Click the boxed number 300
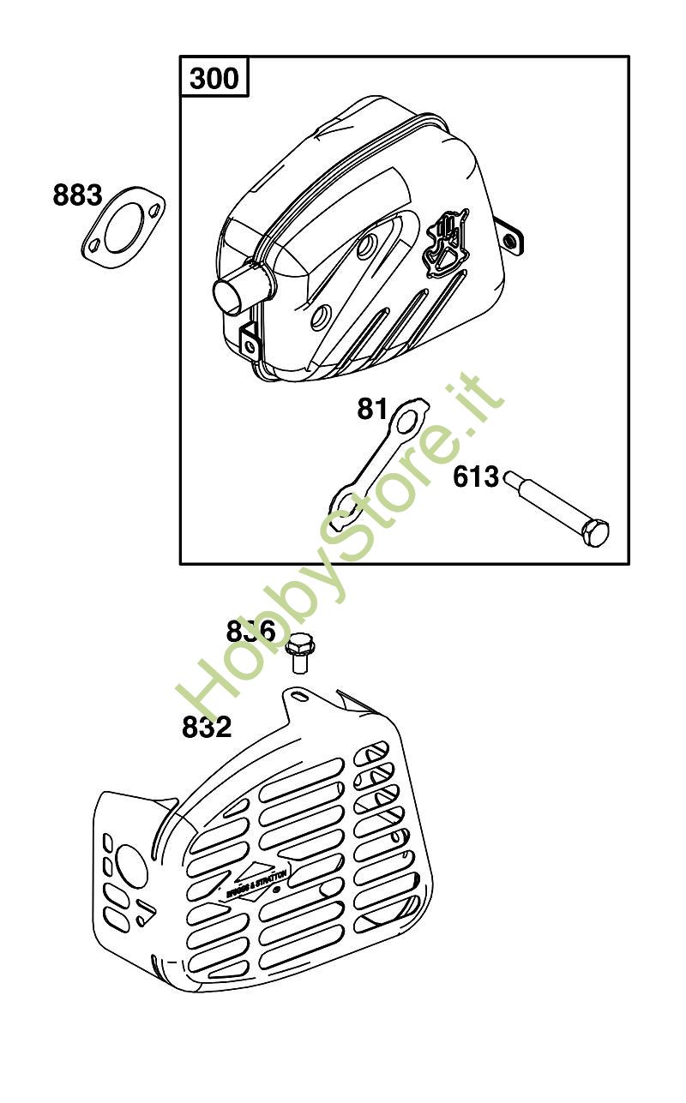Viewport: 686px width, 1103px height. (214, 79)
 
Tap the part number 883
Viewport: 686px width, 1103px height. (77, 195)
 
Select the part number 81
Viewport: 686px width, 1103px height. (373, 410)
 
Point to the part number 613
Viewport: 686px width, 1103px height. (476, 477)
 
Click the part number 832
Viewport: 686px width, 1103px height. (207, 728)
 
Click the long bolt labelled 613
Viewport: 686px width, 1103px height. (557, 506)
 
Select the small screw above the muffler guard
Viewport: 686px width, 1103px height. (298, 650)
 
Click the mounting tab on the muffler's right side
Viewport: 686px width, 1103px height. (511, 240)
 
